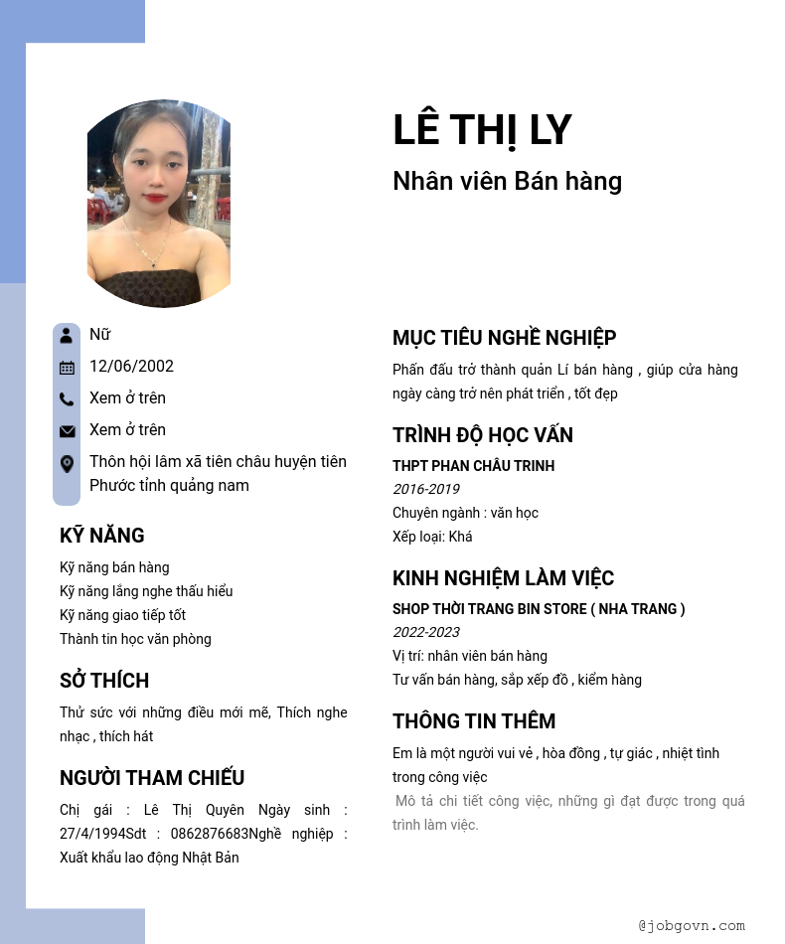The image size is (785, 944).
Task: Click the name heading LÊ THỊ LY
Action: pyautogui.click(x=482, y=130)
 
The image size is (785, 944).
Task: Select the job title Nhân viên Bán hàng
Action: pyautogui.click(x=507, y=181)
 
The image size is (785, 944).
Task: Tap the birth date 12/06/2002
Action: pyautogui.click(x=131, y=366)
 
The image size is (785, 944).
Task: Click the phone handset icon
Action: pyautogui.click(x=67, y=399)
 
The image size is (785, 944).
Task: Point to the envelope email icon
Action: pyautogui.click(x=67, y=431)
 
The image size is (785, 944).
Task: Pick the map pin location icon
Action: pyautogui.click(x=67, y=464)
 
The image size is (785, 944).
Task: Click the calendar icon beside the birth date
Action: pyautogui.click(x=67, y=368)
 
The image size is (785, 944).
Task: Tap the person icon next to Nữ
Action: pyautogui.click(x=67, y=335)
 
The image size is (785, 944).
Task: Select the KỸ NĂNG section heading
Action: pyautogui.click(x=102, y=536)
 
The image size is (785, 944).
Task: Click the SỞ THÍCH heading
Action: pyautogui.click(x=104, y=681)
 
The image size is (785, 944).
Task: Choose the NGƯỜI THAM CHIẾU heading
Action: pyautogui.click(x=152, y=778)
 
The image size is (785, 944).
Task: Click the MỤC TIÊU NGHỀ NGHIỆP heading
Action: pyautogui.click(x=504, y=338)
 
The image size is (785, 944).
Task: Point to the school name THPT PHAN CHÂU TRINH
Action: pyautogui.click(x=473, y=466)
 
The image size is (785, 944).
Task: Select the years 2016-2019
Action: pyautogui.click(x=425, y=489)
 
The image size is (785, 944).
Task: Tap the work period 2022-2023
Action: pyautogui.click(x=425, y=632)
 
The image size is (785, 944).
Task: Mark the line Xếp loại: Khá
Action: pyautogui.click(x=432, y=537)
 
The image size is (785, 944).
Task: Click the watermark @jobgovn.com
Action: pyautogui.click(x=692, y=925)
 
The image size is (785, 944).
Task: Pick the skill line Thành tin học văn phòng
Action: pyautogui.click(x=135, y=639)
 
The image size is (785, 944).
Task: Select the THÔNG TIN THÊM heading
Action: pyautogui.click(x=474, y=721)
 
